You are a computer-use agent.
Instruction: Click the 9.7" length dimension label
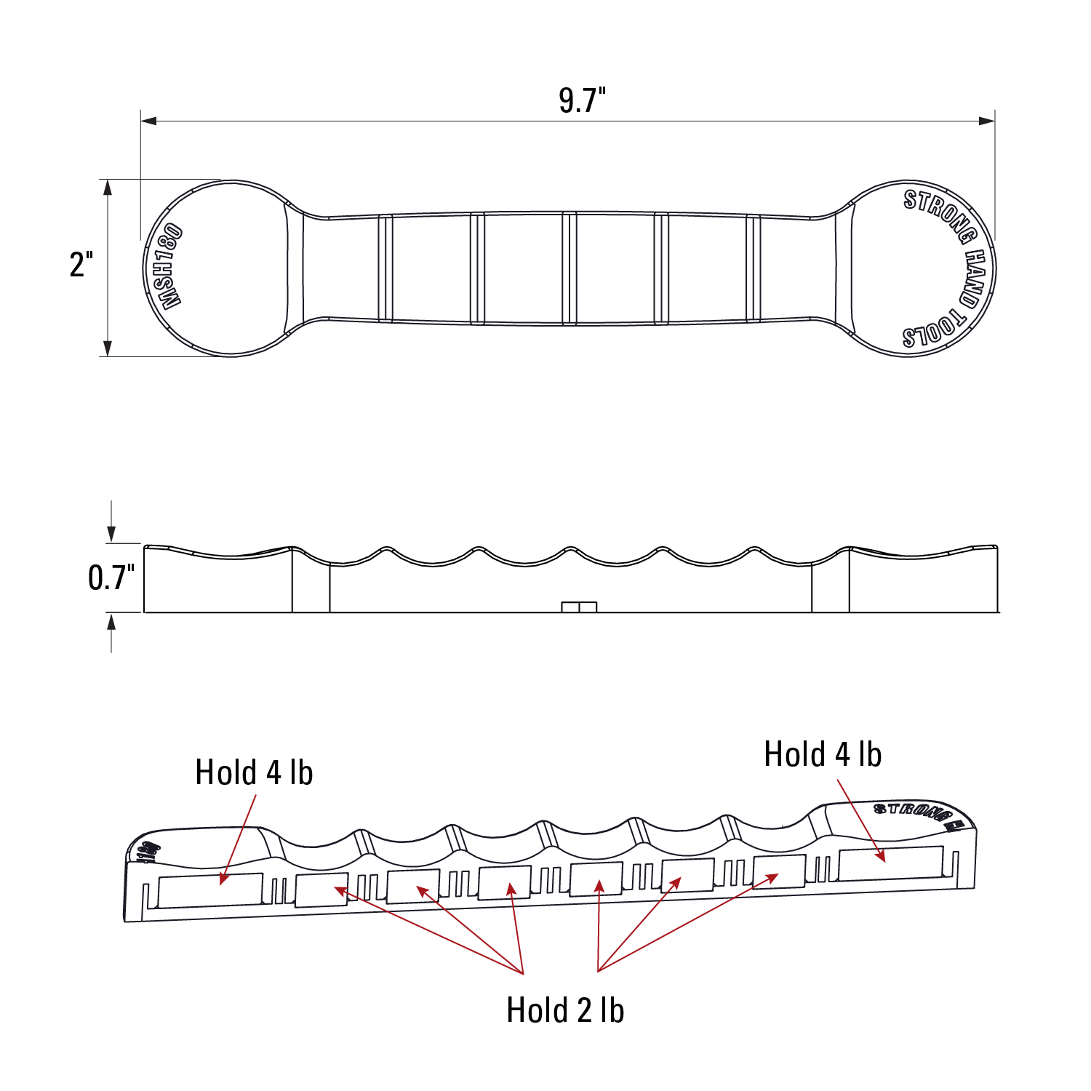pyautogui.click(x=582, y=100)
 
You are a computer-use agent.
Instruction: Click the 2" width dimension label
pyautogui.click(x=81, y=265)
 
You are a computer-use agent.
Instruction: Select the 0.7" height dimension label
pyautogui.click(x=111, y=578)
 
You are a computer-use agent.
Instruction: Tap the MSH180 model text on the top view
pyautogui.click(x=169, y=268)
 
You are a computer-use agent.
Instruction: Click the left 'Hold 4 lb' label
pyautogui.click(x=254, y=772)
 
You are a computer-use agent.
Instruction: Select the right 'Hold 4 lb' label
pyautogui.click(x=823, y=754)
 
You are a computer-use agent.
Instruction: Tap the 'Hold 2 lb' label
pyautogui.click(x=565, y=1010)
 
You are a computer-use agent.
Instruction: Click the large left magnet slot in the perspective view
pyautogui.click(x=210, y=890)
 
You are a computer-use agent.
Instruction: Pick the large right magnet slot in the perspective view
pyautogui.click(x=891, y=863)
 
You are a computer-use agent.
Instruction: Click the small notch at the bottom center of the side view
pyautogui.click(x=579, y=607)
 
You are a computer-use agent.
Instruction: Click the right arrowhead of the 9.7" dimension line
pyautogui.click(x=987, y=121)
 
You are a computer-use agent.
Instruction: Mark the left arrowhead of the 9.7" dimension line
pyautogui.click(x=149, y=121)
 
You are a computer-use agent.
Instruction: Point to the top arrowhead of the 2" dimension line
pyautogui.click(x=108, y=188)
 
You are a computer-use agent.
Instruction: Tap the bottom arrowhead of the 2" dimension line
pyautogui.click(x=108, y=348)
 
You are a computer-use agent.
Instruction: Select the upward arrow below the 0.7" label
pyautogui.click(x=111, y=622)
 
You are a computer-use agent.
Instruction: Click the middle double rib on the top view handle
pyautogui.click(x=570, y=268)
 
